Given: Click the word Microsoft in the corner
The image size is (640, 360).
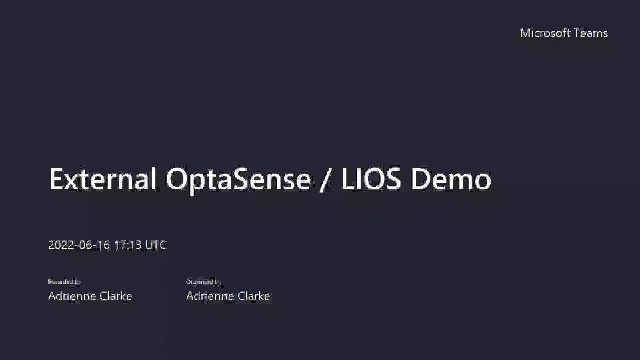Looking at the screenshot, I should click(x=544, y=33).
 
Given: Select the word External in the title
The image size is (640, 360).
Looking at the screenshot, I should click(x=102, y=179).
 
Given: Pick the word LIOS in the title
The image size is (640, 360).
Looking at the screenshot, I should click(x=371, y=179).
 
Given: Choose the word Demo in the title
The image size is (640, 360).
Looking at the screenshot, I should click(x=451, y=179).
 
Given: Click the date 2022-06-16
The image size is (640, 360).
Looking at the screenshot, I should click(x=79, y=245).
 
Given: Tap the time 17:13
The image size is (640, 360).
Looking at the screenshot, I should click(x=128, y=245).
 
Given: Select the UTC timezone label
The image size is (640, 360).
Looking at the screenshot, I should click(x=156, y=245).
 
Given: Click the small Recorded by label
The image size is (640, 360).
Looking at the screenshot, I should click(x=64, y=282).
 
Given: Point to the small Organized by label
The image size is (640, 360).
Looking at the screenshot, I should click(x=203, y=282).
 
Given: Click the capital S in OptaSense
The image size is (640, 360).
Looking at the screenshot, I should click(x=241, y=179).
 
